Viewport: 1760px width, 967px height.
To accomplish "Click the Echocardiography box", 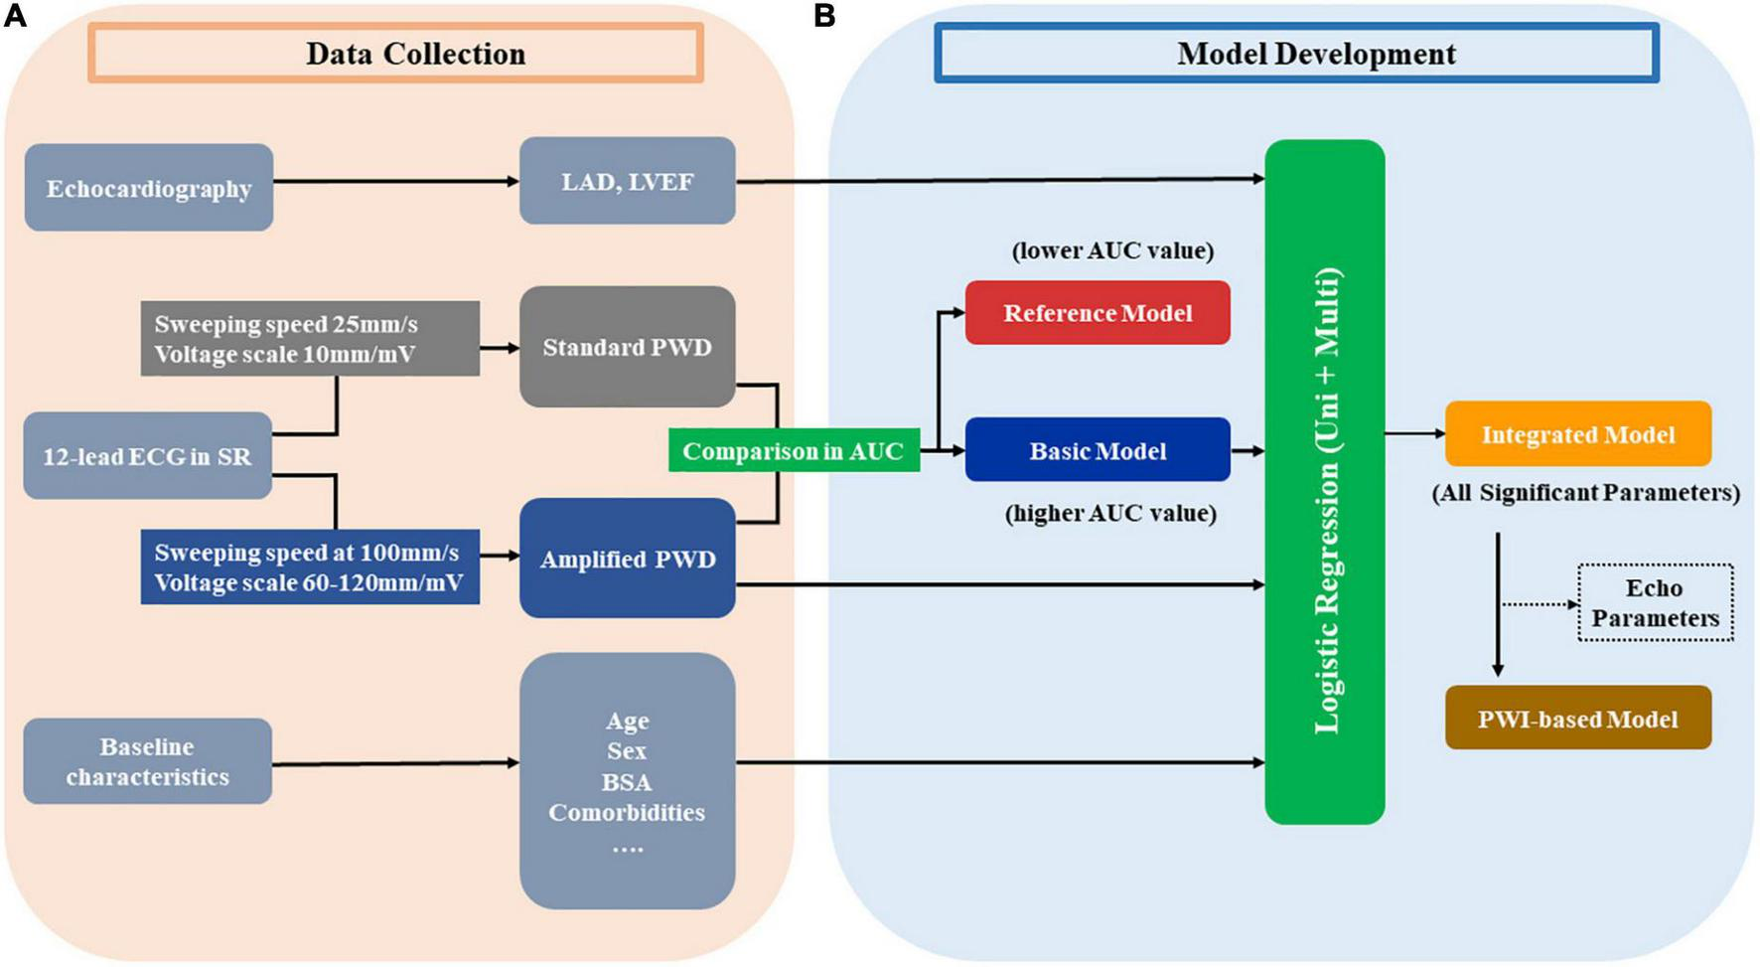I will pos(149,188).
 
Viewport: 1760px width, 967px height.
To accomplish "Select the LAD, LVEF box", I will pos(627,181).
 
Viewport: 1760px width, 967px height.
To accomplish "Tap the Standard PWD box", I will pos(627,347).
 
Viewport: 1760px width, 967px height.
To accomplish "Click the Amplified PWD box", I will pos(627,559).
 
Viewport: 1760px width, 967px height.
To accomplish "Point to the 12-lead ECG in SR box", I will pos(147,456).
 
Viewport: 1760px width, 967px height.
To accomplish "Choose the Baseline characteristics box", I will pos(147,761).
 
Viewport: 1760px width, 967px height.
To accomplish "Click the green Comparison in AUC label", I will pos(793,451).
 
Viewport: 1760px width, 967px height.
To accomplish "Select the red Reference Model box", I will pos(1098,313).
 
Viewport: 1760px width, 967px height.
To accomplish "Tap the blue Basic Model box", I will pos(1098,450).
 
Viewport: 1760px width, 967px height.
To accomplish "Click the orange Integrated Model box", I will pos(1577,434).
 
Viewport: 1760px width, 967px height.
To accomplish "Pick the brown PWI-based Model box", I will pos(1577,718).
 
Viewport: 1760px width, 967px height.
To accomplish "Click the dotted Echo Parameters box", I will pos(1655,602).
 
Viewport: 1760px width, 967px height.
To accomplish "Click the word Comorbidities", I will pos(627,813).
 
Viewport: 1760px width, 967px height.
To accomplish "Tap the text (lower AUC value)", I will pos(1112,250).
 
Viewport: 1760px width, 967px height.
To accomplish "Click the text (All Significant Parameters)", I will pos(1585,493).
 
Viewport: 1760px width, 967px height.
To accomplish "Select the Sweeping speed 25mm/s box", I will pos(310,339).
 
